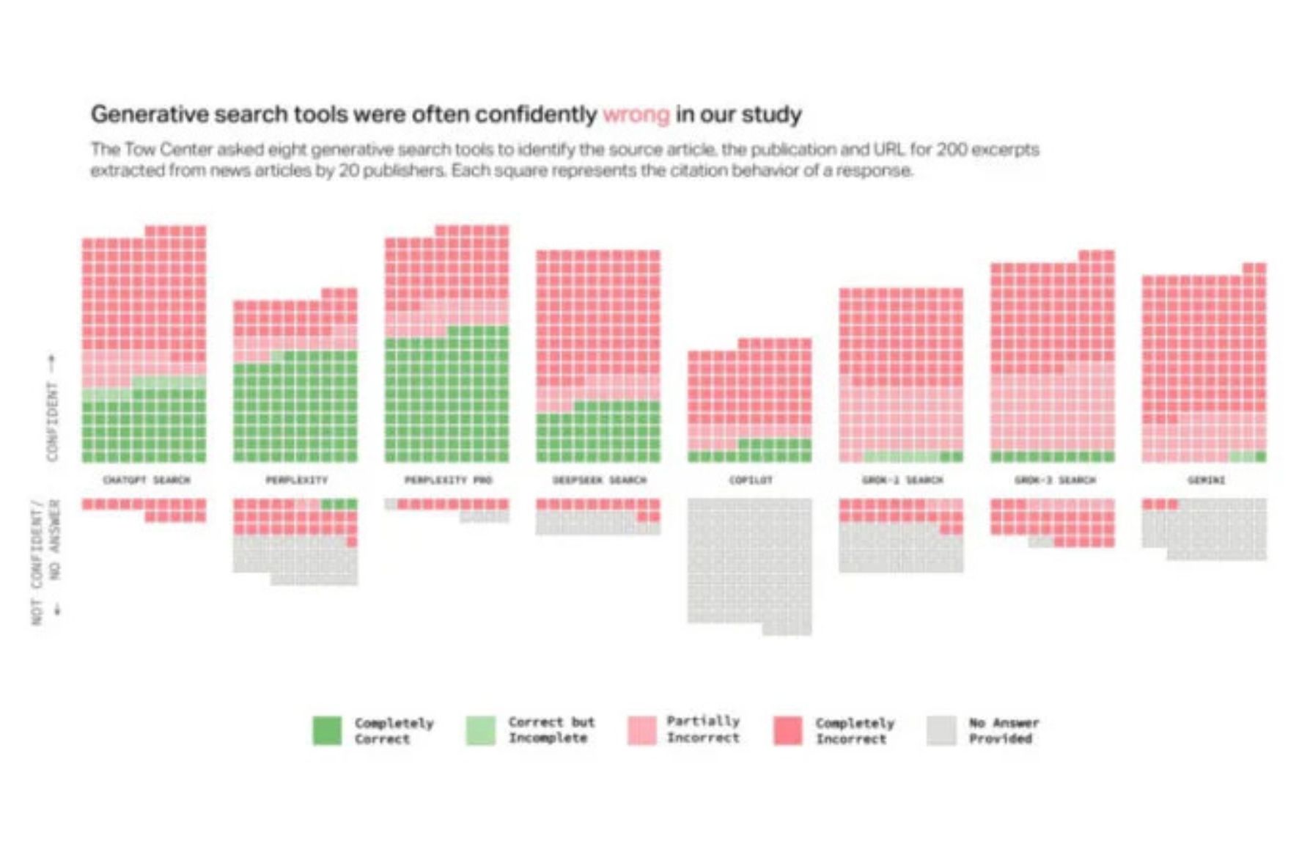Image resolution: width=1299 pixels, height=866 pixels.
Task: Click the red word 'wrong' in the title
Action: coord(636,115)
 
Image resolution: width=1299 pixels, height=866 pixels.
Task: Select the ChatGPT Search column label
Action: coord(146,480)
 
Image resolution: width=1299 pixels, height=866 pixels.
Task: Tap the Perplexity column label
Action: coord(296,480)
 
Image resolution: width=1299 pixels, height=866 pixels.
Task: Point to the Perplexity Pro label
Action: coord(448,480)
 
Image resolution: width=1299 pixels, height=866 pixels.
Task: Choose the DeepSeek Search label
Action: coord(599,480)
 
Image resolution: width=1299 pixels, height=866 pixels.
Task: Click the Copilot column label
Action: coord(750,480)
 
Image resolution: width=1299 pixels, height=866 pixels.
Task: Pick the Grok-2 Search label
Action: coord(902,480)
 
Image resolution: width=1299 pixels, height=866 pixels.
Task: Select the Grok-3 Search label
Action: coord(1054,480)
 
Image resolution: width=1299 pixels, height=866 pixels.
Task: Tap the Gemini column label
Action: coord(1205,480)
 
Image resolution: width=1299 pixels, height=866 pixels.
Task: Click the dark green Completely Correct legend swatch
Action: coord(327,730)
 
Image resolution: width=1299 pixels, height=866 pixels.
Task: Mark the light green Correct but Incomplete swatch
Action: coord(480,730)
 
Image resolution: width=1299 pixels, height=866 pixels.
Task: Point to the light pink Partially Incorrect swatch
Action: coord(641,730)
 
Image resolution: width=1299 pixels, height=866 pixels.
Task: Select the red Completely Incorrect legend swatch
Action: coord(788,730)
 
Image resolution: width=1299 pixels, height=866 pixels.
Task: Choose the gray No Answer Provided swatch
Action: coord(941,730)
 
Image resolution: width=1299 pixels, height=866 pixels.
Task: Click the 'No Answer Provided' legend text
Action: coord(1003,730)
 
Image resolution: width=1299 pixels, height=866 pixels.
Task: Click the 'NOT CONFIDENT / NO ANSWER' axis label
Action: coord(45,562)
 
